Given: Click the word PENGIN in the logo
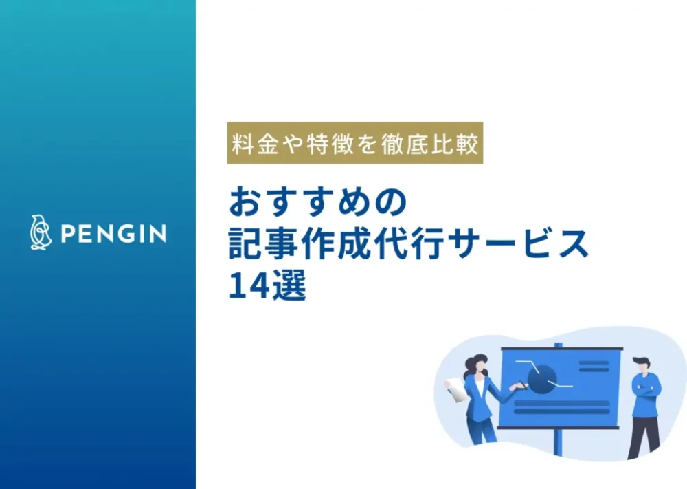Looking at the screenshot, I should [113, 235].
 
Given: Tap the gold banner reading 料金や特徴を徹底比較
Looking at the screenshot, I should [355, 144].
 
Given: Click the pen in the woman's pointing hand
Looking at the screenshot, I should [520, 388].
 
